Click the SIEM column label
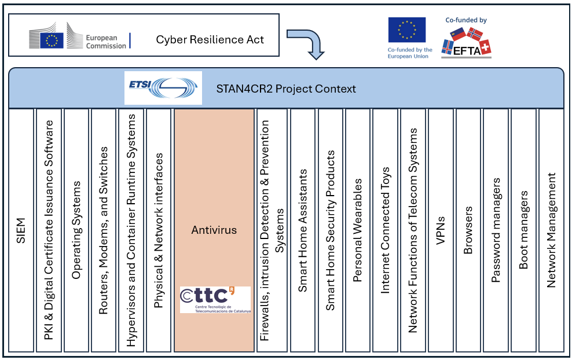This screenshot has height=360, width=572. [x=21, y=230]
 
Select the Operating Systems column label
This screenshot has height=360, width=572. [x=76, y=230]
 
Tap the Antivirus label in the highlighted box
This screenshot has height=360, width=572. [x=214, y=230]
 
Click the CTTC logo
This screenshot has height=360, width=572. [x=215, y=300]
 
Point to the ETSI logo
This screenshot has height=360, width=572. [x=163, y=88]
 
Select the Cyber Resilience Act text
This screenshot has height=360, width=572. [x=210, y=40]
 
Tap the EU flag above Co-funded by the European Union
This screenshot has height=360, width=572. [x=406, y=30]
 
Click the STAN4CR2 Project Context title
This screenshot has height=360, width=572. [x=286, y=89]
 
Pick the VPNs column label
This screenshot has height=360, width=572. [x=441, y=230]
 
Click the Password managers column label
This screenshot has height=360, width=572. [x=496, y=230]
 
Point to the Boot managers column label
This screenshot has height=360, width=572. [x=523, y=230]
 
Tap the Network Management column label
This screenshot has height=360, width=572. [x=551, y=230]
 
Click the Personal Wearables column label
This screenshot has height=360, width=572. [x=358, y=230]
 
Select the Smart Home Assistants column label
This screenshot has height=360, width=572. [x=302, y=230]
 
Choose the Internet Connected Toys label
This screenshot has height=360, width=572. [x=386, y=230]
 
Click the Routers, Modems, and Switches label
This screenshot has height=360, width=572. [x=104, y=230]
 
